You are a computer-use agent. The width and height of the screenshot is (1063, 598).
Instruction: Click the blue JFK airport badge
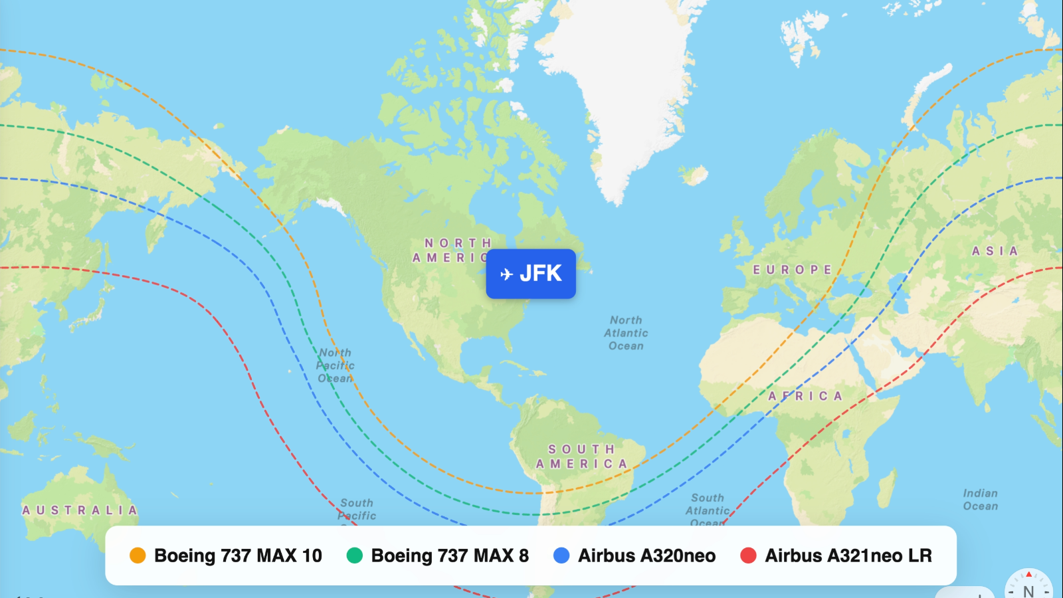tap(530, 274)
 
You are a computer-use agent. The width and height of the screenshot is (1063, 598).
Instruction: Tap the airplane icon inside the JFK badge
tap(506, 274)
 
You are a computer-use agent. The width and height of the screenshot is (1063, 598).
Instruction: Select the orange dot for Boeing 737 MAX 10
tap(138, 555)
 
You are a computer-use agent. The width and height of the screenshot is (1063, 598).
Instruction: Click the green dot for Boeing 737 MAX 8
tap(355, 555)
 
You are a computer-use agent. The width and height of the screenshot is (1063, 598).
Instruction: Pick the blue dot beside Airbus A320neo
tap(561, 555)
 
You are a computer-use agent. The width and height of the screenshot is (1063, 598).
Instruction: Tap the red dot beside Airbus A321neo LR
tap(748, 555)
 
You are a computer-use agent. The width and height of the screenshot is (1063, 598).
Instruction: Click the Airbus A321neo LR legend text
tap(848, 555)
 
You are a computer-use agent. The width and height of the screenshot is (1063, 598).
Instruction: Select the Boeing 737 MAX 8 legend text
tap(449, 555)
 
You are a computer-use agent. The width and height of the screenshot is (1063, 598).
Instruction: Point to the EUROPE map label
tap(792, 270)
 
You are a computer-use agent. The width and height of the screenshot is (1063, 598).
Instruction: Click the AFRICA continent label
tap(805, 396)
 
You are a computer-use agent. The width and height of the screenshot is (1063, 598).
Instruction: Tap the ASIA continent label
tap(995, 251)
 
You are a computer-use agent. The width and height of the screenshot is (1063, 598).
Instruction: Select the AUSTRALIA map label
tap(80, 510)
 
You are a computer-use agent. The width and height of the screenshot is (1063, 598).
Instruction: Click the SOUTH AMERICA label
tap(582, 456)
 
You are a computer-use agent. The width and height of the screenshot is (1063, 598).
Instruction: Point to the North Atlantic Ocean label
tap(626, 333)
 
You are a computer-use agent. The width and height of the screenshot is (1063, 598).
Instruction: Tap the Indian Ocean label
tap(980, 500)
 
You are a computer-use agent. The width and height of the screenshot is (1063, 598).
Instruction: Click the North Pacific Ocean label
tap(335, 365)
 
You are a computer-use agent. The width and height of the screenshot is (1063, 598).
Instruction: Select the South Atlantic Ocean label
tap(708, 509)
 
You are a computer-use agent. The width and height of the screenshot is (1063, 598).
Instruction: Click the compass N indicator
tap(1028, 589)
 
